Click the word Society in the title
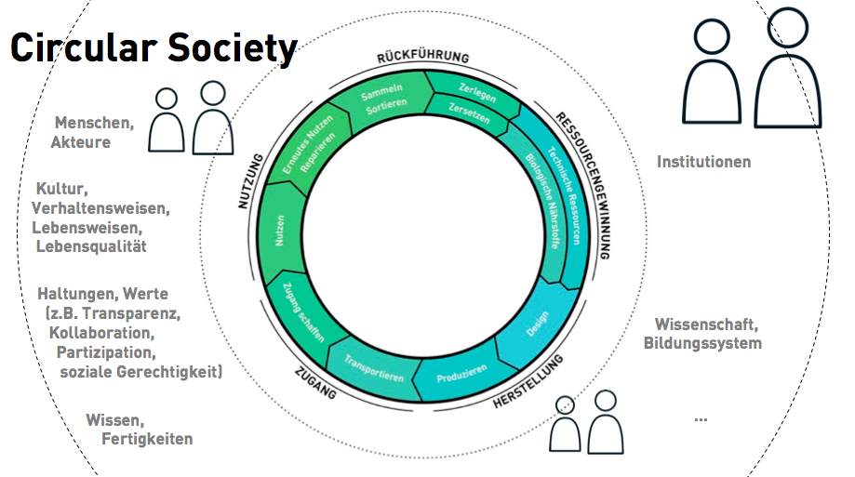[233, 48]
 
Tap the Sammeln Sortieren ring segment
[384, 99]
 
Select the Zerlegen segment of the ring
[475, 93]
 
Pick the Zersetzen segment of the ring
[468, 113]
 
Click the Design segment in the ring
[537, 325]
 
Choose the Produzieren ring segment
[461, 375]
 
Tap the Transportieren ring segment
[373, 369]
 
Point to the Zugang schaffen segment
[303, 312]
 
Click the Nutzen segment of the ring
[280, 232]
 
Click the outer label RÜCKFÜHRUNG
[423, 58]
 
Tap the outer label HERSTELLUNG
[528, 380]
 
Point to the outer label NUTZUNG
[251, 181]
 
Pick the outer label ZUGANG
[315, 383]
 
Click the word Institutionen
[703, 162]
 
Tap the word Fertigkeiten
[147, 439]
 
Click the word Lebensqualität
[91, 246]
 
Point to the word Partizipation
[106, 352]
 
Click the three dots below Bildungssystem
[701, 419]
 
